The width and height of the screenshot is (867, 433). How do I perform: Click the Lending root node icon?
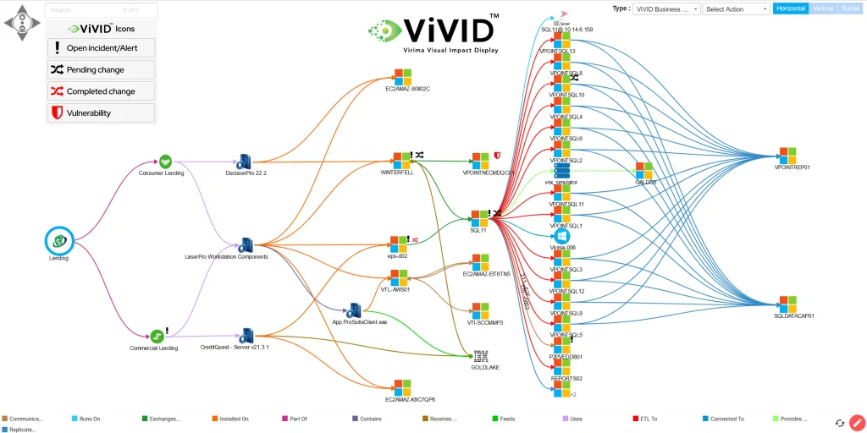point(59,241)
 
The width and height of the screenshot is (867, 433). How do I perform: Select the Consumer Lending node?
point(166,161)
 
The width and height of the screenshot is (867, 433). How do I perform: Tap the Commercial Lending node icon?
point(157,336)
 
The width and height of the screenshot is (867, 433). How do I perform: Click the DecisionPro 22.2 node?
point(246,161)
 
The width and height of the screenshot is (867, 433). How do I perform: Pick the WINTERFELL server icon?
point(401,160)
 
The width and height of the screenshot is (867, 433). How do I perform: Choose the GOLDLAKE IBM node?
point(481,356)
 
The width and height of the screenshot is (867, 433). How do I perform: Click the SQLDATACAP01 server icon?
point(787,304)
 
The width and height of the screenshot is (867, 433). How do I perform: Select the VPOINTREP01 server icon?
point(787,156)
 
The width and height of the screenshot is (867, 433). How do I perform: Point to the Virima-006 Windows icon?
point(562,236)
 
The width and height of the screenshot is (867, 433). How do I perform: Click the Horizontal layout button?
point(790,8)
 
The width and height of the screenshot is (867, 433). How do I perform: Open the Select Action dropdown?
point(735,8)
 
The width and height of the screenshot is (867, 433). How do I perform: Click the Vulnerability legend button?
point(101,112)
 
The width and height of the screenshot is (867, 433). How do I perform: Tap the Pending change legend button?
point(101,69)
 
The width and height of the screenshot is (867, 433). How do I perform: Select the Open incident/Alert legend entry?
point(101,48)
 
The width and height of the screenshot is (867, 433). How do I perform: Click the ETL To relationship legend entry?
point(648,418)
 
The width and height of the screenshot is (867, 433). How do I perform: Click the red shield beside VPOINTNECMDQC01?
point(497,156)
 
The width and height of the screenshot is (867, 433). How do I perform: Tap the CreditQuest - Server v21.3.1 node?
point(246,336)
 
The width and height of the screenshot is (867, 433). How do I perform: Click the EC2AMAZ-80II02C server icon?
point(403,76)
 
